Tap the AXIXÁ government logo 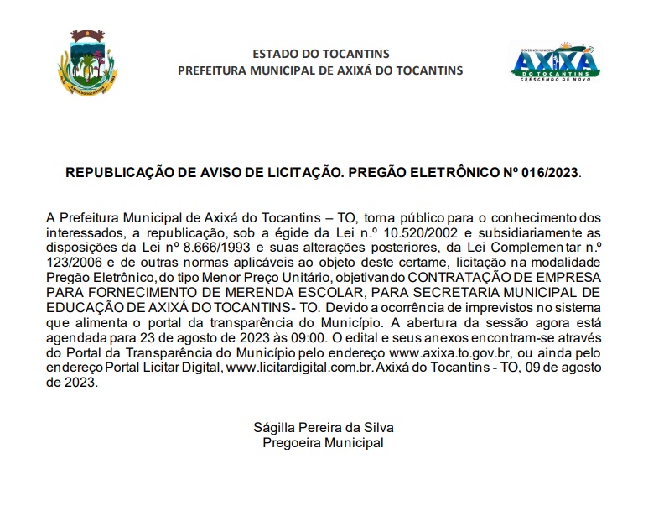[x=555, y=62]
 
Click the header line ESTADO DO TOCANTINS [x=319, y=53]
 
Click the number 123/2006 [x=73, y=263]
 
